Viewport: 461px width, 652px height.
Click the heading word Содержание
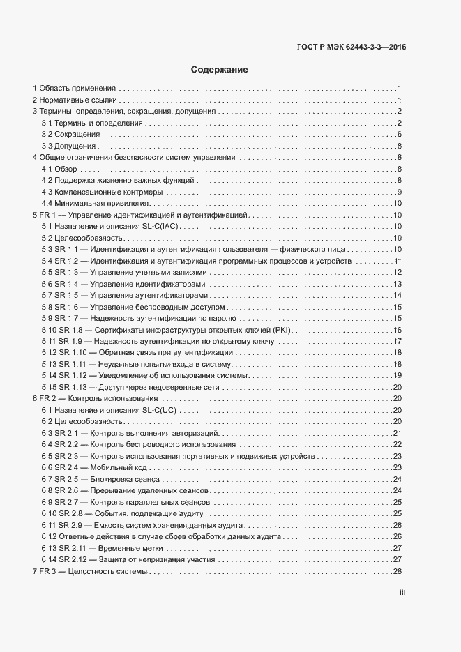pos(219,70)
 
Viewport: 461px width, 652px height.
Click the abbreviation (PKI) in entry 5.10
pos(285,329)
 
